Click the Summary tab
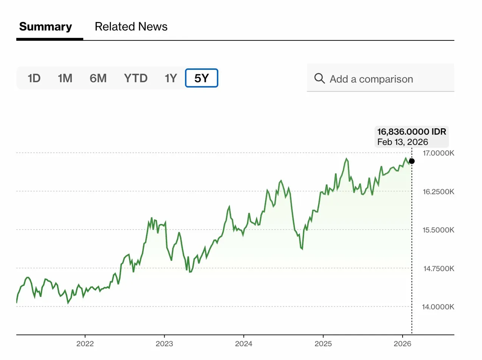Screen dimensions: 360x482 [x=45, y=26]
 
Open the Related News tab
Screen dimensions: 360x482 [x=131, y=26]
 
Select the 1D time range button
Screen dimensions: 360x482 [x=34, y=78]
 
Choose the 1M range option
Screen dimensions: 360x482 [x=65, y=78]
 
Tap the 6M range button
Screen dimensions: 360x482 [x=98, y=78]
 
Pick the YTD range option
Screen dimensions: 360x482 [x=135, y=78]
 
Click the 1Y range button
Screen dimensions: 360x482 [x=171, y=78]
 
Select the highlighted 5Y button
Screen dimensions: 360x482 [x=201, y=78]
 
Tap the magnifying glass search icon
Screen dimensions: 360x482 [x=320, y=79]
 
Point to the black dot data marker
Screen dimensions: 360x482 [x=412, y=161]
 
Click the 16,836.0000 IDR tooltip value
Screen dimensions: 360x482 [x=412, y=132]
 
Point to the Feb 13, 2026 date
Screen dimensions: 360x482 [x=403, y=142]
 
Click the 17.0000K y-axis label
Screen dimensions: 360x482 [x=438, y=154]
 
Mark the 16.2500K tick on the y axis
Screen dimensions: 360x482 [x=438, y=192]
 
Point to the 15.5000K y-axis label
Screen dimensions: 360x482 [x=438, y=230]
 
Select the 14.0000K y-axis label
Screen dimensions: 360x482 [x=438, y=307]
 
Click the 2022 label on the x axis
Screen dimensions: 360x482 [x=85, y=344]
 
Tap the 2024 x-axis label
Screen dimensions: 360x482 [x=243, y=344]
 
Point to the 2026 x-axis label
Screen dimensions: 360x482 [x=402, y=344]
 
